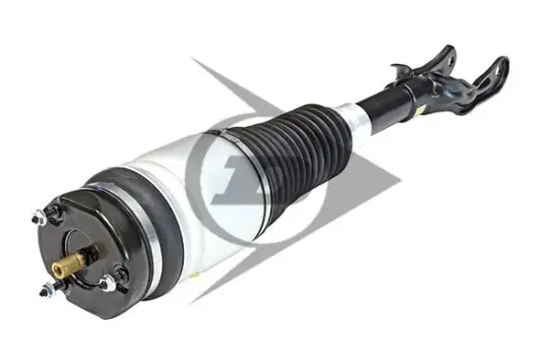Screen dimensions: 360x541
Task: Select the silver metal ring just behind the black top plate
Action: [x=102, y=211]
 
